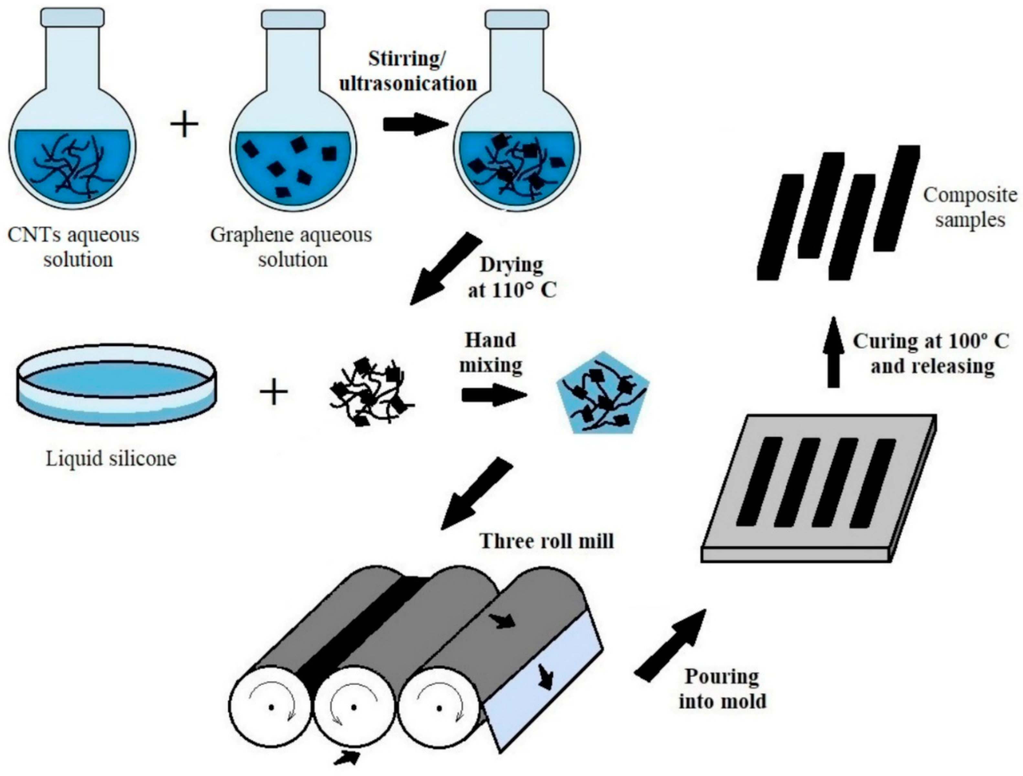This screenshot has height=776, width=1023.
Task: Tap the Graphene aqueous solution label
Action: coord(291,247)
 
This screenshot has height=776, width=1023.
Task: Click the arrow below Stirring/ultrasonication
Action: coord(415,125)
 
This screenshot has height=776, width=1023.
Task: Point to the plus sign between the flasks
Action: coord(184,124)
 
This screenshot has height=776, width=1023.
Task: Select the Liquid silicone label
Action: coord(111,458)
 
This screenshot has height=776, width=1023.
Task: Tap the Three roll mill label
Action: coord(547,540)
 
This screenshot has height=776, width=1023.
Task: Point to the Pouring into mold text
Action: coord(722,689)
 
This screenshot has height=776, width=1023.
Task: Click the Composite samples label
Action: coord(970,207)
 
